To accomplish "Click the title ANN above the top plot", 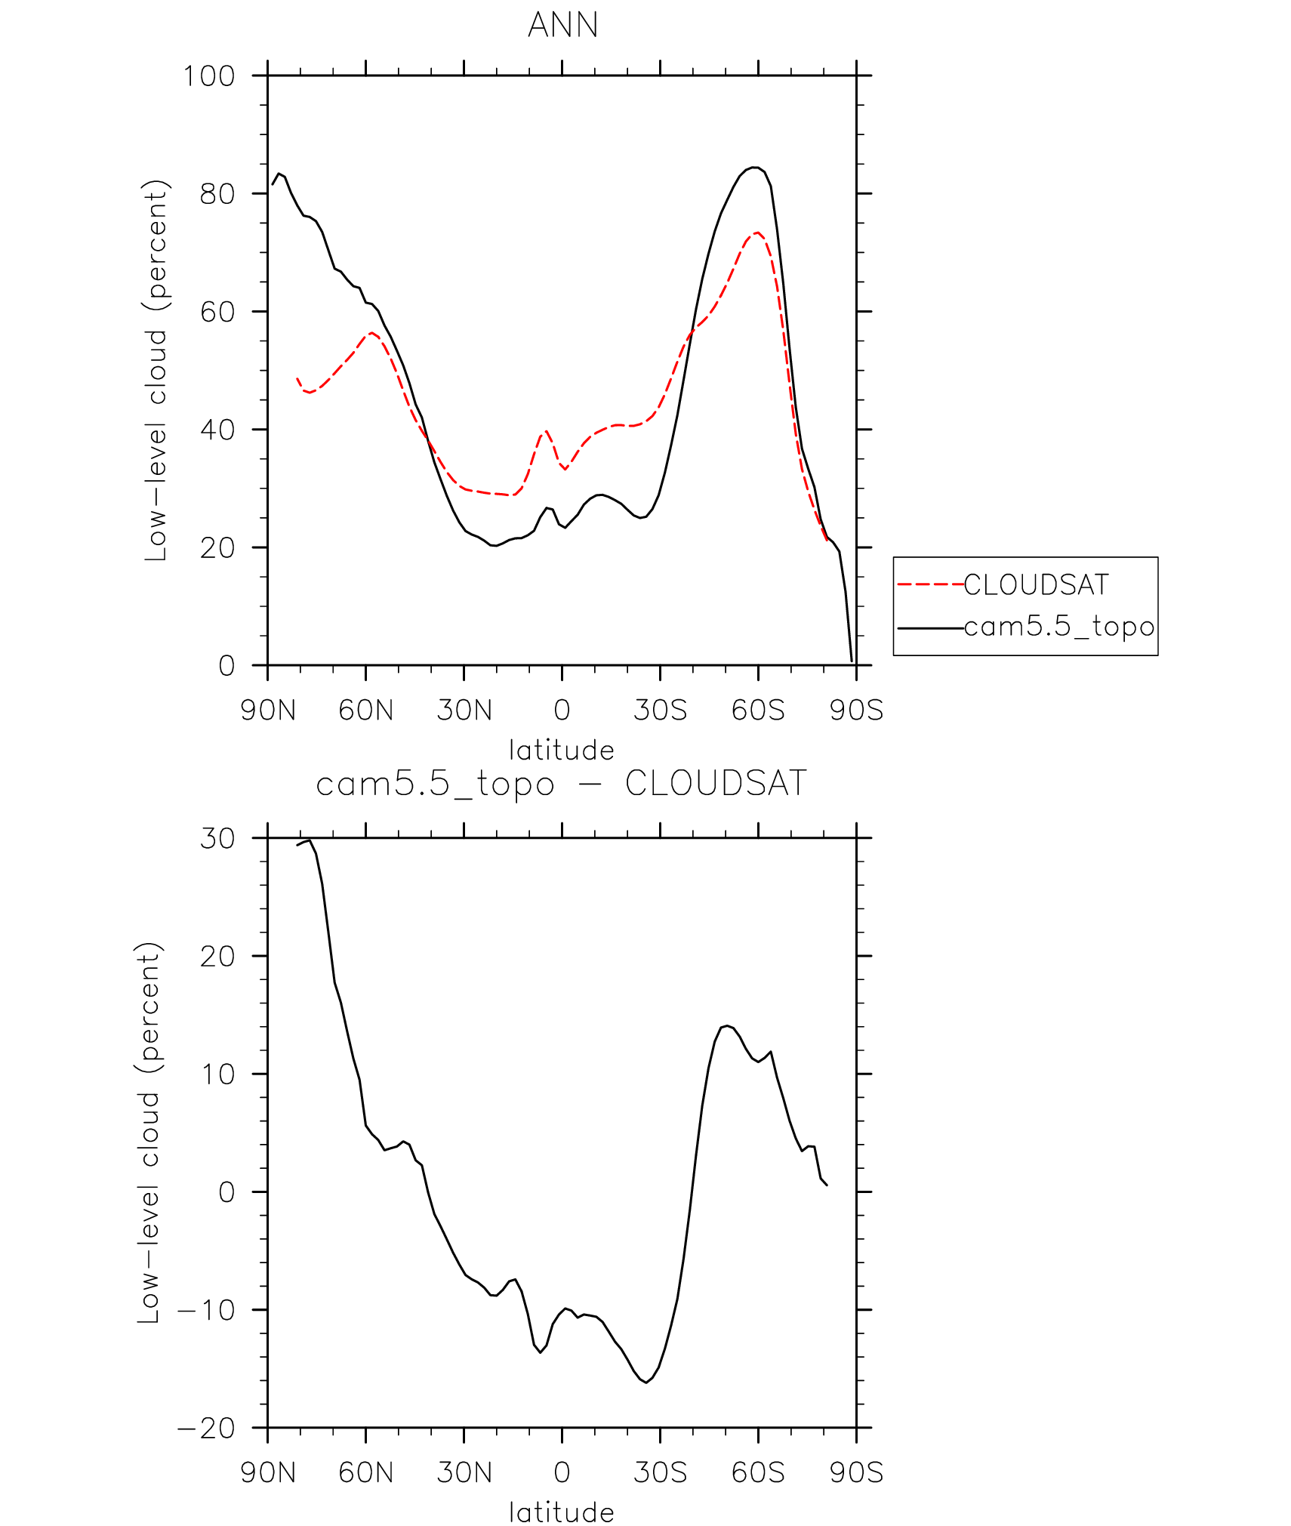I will click(562, 25).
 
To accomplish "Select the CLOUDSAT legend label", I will click(1036, 585).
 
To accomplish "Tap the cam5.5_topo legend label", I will click(1059, 627).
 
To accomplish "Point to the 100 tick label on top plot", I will click(209, 76).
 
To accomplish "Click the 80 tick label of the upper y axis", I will click(217, 194).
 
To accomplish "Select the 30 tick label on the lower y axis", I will click(217, 839).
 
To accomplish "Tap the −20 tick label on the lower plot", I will click(206, 1429).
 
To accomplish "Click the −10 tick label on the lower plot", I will click(206, 1310).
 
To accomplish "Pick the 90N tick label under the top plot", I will click(268, 711).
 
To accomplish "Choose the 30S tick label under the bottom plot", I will click(660, 1473).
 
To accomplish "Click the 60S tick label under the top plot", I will click(758, 711).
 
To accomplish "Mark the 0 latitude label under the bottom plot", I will click(562, 1473).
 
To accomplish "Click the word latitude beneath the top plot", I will click(562, 751).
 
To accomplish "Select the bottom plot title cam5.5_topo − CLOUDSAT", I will click(562, 784).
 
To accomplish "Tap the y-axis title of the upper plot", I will click(156, 370).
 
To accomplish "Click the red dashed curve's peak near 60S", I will click(757, 233).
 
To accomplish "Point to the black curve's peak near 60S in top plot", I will click(753, 168).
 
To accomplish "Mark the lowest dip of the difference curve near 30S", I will click(646, 1383).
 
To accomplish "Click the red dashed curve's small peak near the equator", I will click(546, 431).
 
